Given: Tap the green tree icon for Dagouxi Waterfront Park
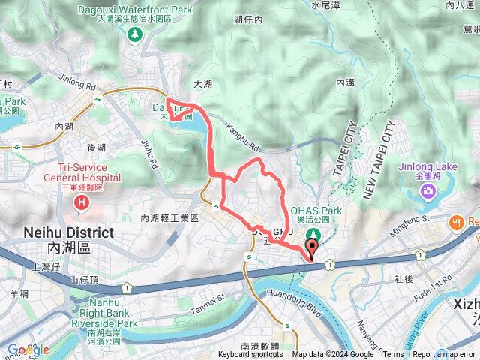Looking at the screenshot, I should click(x=135, y=34).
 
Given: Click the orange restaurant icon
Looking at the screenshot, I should click(x=455, y=222).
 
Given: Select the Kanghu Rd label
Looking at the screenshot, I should click(x=241, y=133).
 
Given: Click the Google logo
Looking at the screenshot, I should click(x=28, y=349).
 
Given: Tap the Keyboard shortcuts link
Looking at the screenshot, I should click(x=251, y=355).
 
